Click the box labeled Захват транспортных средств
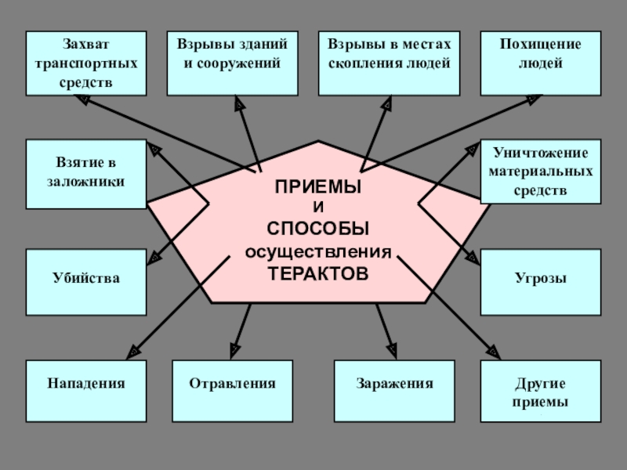tap(85, 63)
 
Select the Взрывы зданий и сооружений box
tap(232, 63)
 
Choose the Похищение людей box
tap(540, 63)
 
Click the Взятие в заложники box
tap(85, 174)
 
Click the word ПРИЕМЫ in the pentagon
tap(317, 188)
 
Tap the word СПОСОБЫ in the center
tap(317, 229)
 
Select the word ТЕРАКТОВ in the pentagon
tap(317, 273)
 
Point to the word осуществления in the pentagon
tap(317, 251)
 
